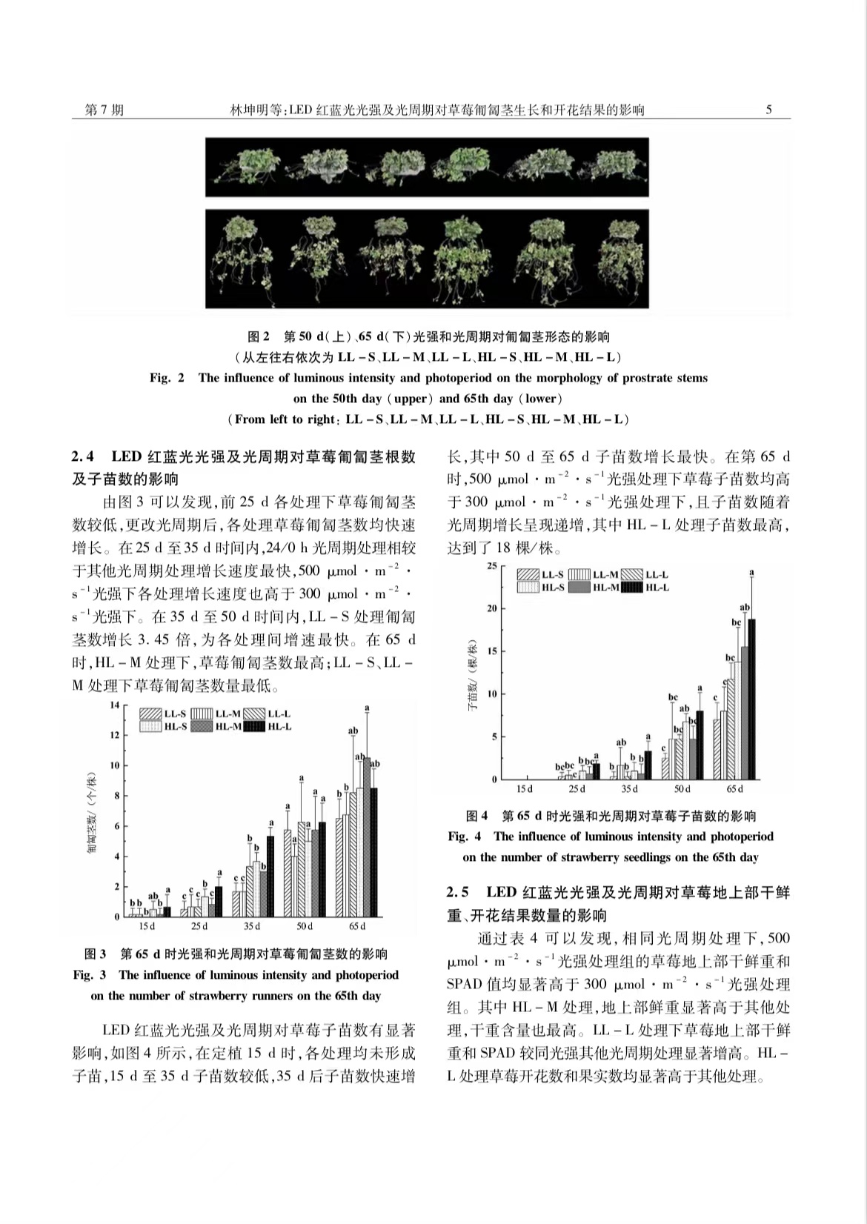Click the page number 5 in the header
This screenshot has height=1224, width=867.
[x=768, y=110]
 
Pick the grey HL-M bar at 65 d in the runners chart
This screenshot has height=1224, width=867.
[x=366, y=837]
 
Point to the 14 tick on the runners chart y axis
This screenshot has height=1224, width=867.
[x=115, y=705]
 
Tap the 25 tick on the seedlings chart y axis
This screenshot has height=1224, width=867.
[x=491, y=566]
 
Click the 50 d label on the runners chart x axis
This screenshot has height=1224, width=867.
[x=305, y=926]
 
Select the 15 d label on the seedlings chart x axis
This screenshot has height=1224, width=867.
[x=524, y=789]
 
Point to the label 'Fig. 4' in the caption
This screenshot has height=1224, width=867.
[x=465, y=836]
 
